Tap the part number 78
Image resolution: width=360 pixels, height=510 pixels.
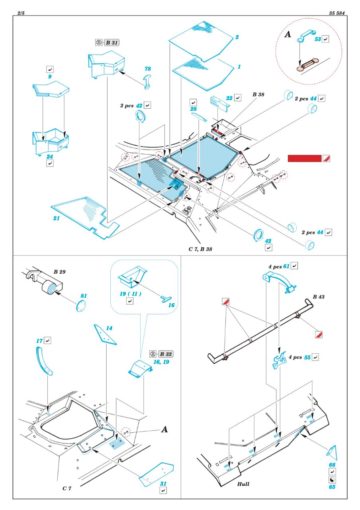[148, 69]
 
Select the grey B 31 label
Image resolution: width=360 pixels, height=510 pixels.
[112, 43]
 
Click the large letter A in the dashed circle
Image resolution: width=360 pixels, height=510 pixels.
[288, 35]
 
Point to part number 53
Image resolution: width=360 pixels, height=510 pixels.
[317, 39]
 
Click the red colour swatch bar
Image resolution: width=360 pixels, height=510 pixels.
[304, 159]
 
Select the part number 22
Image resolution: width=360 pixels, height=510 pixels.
[229, 98]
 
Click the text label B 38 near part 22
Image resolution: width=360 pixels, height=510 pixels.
[258, 95]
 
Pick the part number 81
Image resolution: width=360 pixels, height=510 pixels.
[83, 296]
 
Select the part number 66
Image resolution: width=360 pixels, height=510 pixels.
[332, 465]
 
